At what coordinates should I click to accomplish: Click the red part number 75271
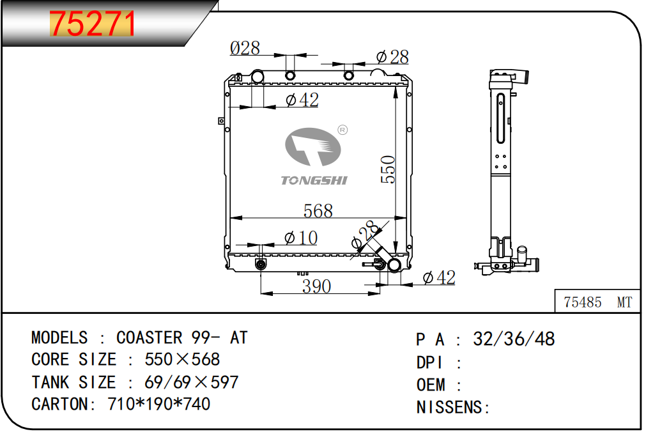[92, 24]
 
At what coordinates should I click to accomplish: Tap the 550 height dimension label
[388, 169]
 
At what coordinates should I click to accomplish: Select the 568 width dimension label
[318, 211]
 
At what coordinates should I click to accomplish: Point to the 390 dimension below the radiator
[316, 286]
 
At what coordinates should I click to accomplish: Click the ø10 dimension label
[301, 238]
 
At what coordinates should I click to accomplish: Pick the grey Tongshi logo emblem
[312, 147]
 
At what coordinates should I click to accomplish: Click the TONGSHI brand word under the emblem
[314, 180]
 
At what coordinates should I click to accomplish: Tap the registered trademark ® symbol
[342, 130]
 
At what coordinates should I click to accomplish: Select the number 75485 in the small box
[582, 302]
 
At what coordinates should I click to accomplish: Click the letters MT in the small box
[624, 302]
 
